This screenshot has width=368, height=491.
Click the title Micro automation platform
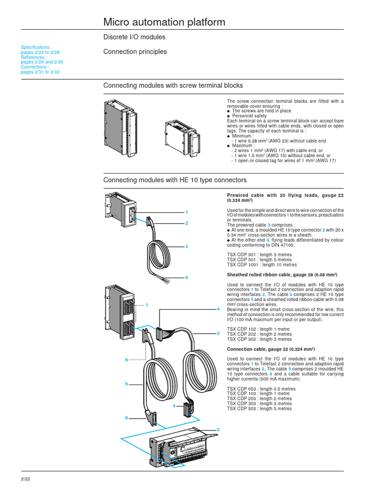[164, 22]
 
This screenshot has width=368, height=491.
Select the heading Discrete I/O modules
[135, 37]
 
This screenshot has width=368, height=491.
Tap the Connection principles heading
[135, 52]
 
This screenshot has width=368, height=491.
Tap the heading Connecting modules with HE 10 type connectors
[175, 180]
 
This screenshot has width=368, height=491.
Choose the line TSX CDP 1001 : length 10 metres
[262, 265]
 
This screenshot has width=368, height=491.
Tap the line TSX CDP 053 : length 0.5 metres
[261, 389]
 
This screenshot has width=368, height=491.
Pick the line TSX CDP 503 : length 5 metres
[259, 409]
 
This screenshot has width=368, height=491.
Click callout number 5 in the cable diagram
[127, 384]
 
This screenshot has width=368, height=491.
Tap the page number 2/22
[25, 479]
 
